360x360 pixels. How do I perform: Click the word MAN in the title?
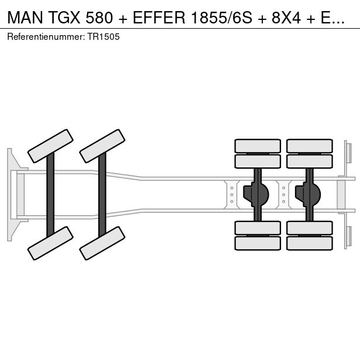(25, 18)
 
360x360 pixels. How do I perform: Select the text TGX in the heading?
(64, 18)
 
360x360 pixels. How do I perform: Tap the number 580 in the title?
(100, 18)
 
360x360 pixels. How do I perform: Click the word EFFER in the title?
(159, 18)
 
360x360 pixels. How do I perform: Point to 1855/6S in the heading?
(221, 18)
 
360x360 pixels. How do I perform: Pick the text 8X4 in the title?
(286, 18)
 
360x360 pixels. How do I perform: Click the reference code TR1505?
(103, 37)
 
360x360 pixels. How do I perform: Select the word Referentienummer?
(45, 37)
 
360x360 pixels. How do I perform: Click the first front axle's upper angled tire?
(50, 146)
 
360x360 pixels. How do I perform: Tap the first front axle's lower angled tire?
(50, 243)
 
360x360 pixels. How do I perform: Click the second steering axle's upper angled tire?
(102, 146)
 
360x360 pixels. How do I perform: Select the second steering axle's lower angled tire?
(102, 243)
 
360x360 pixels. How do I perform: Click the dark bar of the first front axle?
(50, 195)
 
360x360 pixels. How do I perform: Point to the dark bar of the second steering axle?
(102, 195)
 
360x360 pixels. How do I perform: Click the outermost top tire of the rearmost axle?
(310, 146)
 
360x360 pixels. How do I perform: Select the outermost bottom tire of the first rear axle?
(258, 243)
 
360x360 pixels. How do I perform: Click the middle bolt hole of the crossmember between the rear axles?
(284, 195)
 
